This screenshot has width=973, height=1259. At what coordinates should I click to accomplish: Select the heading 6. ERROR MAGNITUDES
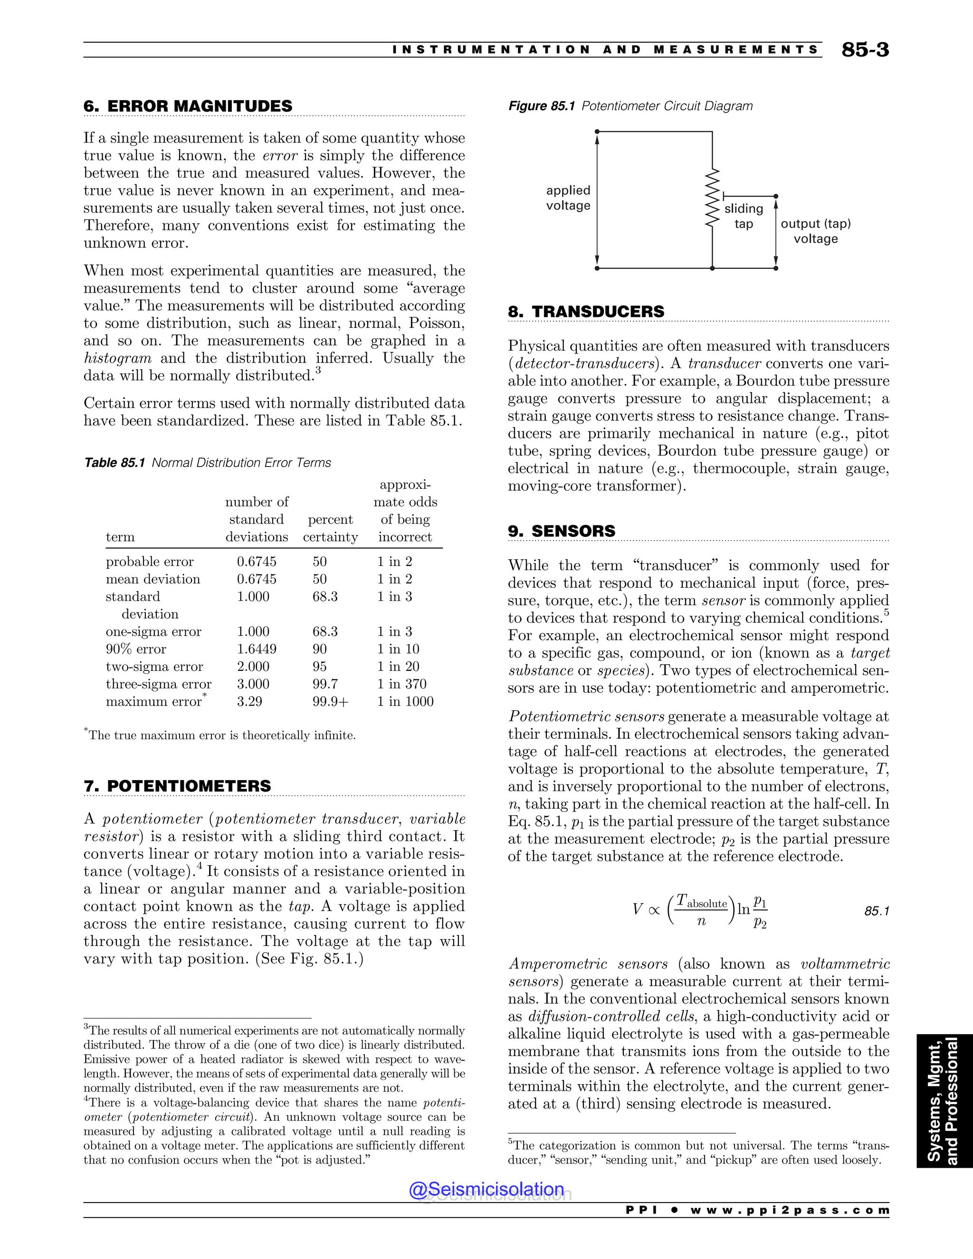(188, 106)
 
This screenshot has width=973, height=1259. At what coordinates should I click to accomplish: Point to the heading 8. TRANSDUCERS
(586, 311)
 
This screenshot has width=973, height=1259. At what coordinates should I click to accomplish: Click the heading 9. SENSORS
(562, 531)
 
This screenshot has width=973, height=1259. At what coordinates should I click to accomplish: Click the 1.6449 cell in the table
(257, 649)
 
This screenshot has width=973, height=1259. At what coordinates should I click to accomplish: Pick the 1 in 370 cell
(402, 684)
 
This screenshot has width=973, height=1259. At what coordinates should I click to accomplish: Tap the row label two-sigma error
(154, 667)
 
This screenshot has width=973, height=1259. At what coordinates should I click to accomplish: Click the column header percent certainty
(330, 528)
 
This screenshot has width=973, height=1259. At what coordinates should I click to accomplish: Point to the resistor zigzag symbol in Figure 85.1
(713, 197)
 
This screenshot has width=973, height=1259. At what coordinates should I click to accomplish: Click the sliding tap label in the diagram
(744, 216)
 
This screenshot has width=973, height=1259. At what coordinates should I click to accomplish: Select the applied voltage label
(568, 198)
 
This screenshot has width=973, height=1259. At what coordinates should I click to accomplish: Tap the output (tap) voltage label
(815, 231)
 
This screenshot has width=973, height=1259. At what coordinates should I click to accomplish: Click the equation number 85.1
(877, 911)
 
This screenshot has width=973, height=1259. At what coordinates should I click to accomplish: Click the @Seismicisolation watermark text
(486, 1189)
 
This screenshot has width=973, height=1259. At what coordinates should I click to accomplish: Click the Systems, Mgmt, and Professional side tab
(944, 1100)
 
